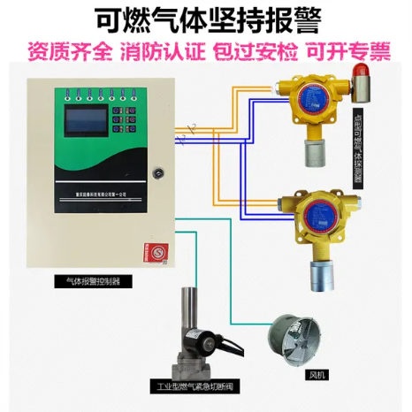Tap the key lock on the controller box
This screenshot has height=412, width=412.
pyautogui.click(x=159, y=172)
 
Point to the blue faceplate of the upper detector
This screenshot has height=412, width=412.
pyautogui.click(x=315, y=98)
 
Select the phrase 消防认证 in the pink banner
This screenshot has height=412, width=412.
pyautogui.click(x=161, y=50)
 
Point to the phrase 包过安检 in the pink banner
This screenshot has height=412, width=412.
pyautogui.click(x=253, y=50)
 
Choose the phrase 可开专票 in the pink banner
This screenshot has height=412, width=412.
pyautogui.click(x=347, y=50)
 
